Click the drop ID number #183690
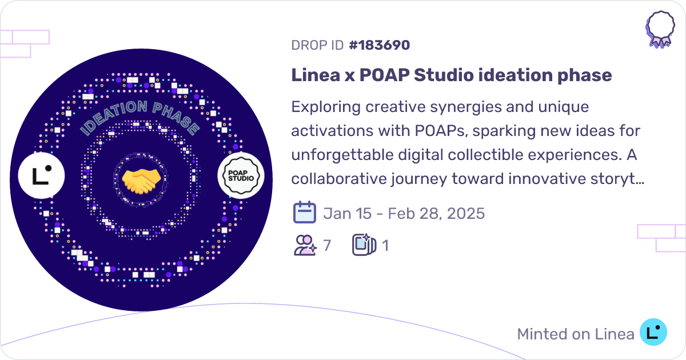(x=379, y=45)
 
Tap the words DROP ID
(x=317, y=45)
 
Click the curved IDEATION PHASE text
(x=140, y=117)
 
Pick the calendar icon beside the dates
(x=304, y=213)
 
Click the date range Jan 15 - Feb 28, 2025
(x=404, y=214)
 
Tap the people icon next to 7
(x=305, y=246)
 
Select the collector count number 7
(x=327, y=246)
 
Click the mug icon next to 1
(x=364, y=246)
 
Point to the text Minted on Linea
(x=575, y=334)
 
